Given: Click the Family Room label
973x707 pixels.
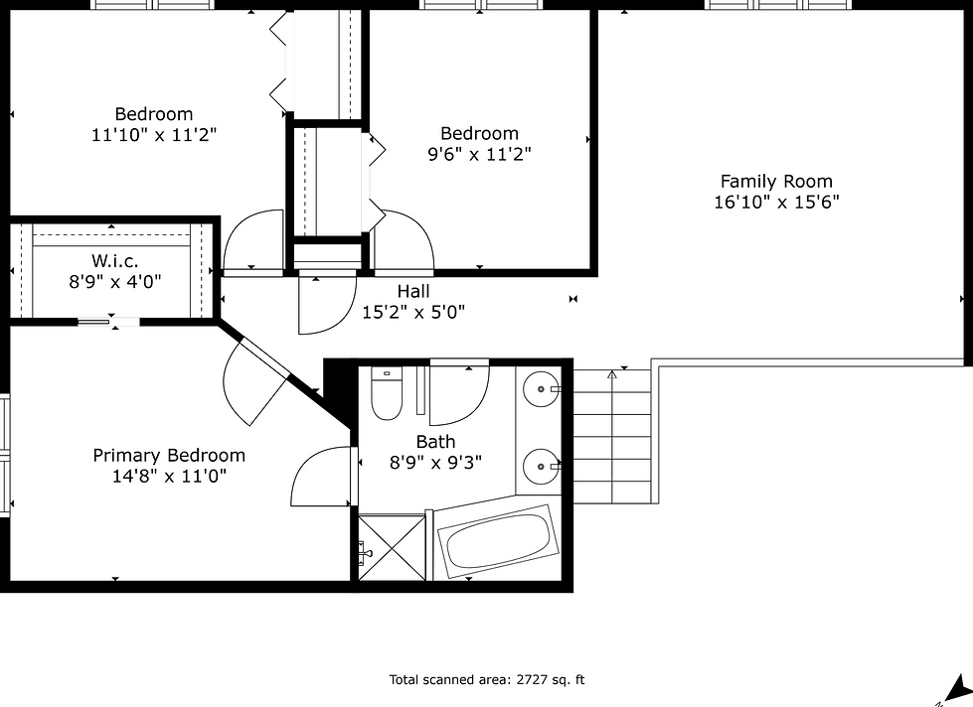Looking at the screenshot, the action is tap(776, 181).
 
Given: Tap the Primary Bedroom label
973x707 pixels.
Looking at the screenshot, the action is tap(169, 455).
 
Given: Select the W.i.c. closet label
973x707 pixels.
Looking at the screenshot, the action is tap(115, 260).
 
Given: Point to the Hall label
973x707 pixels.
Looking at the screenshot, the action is tap(413, 291).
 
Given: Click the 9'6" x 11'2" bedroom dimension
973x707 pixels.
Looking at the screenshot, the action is tap(480, 154).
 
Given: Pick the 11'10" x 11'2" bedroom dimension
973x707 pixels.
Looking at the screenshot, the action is tap(154, 135).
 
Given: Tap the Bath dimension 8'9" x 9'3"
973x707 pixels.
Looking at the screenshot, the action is tap(435, 463).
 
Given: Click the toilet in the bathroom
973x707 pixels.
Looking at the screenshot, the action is tap(386, 393).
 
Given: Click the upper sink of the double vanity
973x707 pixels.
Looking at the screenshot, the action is tap(541, 389).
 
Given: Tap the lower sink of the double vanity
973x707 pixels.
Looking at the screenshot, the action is tap(541, 466).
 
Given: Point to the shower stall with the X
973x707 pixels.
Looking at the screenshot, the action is tap(393, 547).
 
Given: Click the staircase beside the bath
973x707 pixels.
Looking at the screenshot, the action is tap(612, 436).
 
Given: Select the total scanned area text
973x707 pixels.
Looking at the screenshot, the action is tap(487, 680).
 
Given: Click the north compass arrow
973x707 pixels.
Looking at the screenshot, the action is tap(957, 688).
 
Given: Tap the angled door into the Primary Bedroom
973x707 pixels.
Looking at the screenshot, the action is tap(255, 381).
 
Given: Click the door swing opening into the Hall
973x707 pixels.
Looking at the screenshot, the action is tap(328, 303).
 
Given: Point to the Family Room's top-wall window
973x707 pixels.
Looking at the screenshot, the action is tap(779, 5).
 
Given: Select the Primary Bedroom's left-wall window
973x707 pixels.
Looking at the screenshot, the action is tap(5, 456).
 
